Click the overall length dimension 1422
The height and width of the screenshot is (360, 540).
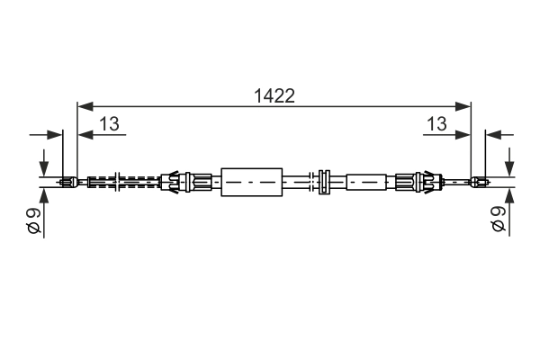coord(274,95)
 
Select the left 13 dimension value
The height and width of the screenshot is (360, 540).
coord(110,123)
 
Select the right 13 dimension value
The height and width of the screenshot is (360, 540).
coord(436,123)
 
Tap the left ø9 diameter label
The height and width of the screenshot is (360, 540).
coord(34,220)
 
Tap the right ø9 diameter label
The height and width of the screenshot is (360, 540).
coord(498,220)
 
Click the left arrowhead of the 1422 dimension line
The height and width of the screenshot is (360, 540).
coord(85,106)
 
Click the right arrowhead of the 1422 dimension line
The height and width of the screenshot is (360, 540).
coord(463,106)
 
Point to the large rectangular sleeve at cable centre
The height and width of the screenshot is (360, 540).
coord(252,182)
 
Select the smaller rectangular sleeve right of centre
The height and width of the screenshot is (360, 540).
coord(366,182)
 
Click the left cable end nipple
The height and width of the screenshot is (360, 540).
coord(69,182)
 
